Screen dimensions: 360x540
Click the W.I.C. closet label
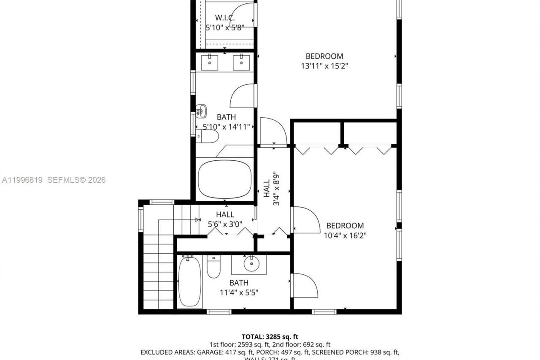pos(224,18)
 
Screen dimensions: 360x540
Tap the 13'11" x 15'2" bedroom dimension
pos(324,66)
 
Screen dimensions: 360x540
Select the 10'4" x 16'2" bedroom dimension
pos(345,235)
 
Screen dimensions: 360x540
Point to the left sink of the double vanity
pos(210,62)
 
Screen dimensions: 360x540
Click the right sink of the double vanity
pos(241,62)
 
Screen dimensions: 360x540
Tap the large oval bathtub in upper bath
pos(224,179)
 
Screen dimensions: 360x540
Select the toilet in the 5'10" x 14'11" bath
pos(208,136)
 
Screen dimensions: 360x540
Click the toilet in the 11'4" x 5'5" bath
pos(213,267)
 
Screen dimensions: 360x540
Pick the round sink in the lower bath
pos(251,264)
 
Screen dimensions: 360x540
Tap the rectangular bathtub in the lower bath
pos(189,282)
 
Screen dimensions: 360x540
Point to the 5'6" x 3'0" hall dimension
pos(225,224)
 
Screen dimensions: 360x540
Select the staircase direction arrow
pos(197,219)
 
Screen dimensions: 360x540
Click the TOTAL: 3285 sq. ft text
pos(270,337)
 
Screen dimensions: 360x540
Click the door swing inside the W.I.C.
pos(243,15)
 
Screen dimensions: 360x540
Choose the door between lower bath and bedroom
pos(305,285)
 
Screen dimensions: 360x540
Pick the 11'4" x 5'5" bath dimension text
pos(239,292)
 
